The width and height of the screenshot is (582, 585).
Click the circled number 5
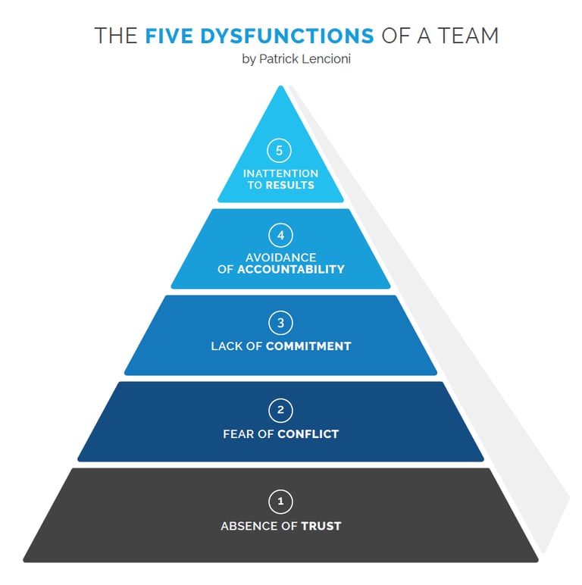click(280, 151)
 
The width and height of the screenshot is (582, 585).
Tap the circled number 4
click(280, 235)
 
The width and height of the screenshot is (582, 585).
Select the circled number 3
click(280, 323)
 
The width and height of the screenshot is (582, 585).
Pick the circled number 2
click(280, 411)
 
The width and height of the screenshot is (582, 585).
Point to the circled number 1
click(280, 501)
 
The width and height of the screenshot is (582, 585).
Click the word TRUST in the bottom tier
click(321, 526)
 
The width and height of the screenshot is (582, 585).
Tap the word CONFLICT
click(308, 434)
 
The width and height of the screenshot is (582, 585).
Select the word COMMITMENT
click(308, 346)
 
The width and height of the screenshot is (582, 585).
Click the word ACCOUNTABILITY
click(291, 269)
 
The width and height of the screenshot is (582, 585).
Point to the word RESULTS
click(289, 185)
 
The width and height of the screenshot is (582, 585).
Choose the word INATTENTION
click(280, 174)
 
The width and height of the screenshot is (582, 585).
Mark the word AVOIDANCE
click(280, 258)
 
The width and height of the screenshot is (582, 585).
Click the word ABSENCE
click(248, 526)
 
